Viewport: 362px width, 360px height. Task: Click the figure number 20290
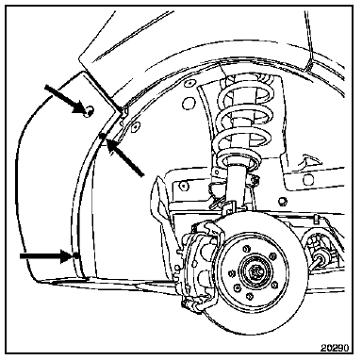tap(334, 348)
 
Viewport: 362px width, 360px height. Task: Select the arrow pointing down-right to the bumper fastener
tap(64, 98)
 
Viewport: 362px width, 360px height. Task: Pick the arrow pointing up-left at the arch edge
tap(125, 157)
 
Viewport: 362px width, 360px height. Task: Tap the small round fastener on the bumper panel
tap(89, 110)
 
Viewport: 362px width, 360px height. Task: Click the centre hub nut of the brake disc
tap(255, 270)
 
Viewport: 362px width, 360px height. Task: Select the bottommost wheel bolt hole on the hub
tap(250, 296)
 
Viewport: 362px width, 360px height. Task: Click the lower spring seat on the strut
tap(239, 159)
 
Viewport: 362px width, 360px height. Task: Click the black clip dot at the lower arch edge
tap(75, 254)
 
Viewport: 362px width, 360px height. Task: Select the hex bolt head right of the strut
tap(282, 201)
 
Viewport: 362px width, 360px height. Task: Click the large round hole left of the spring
tap(189, 103)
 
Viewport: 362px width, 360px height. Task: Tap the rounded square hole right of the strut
tap(308, 180)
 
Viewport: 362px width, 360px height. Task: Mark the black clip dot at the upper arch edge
tap(102, 136)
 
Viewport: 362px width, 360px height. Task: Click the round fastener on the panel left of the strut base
tap(184, 186)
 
